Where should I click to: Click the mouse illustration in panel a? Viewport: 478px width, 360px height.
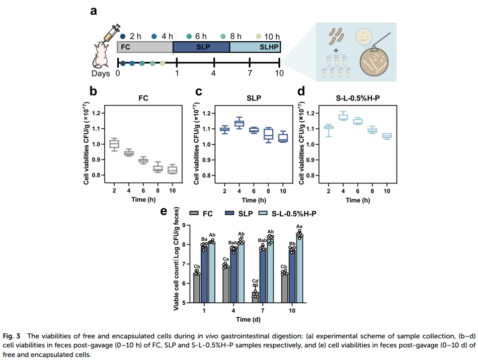coord(101,55)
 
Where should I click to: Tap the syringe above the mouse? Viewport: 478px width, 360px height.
coord(112,34)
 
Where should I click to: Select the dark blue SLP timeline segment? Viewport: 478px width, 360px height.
coord(201,47)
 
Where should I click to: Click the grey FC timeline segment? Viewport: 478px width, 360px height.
coord(145,47)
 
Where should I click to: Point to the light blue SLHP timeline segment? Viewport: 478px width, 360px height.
coord(255,47)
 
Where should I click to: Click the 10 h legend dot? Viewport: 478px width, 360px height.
coord(259,37)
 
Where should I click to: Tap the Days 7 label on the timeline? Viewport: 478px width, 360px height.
coord(250,73)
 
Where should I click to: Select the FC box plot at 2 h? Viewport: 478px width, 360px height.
coord(114,144)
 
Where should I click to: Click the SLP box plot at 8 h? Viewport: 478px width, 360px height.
coord(268,135)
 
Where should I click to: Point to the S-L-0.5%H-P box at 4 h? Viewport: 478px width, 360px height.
coord(343,116)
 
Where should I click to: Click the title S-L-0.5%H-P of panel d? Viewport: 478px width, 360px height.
coord(358,98)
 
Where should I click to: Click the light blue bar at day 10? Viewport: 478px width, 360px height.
coord(299,268)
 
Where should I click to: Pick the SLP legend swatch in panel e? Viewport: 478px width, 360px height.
coord(229,213)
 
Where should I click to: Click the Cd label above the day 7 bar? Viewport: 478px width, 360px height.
coord(255,281)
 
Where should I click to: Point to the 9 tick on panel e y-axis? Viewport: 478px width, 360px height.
coord(184,225)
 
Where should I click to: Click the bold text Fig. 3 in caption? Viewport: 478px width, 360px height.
coord(12,336)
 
